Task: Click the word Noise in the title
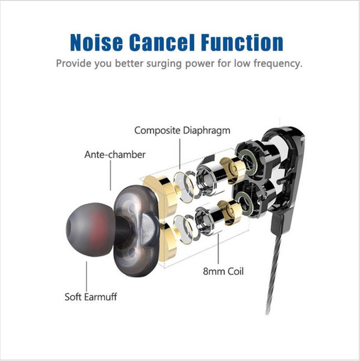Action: coord(96,42)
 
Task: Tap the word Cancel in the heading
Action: coord(162,42)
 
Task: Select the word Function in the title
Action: coord(242,42)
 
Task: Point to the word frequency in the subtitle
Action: coord(278,64)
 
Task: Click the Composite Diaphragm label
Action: coord(182,131)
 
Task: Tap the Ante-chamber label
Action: coord(115,155)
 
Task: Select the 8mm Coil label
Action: coord(223,271)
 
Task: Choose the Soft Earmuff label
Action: coord(91,297)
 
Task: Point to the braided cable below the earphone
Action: coord(274,273)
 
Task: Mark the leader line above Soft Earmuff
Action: coord(87,276)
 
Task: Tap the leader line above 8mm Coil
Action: coord(219,249)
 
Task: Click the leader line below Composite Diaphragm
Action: coord(180,154)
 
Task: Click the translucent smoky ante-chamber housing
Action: coord(137,231)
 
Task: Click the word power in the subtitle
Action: coord(200,64)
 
